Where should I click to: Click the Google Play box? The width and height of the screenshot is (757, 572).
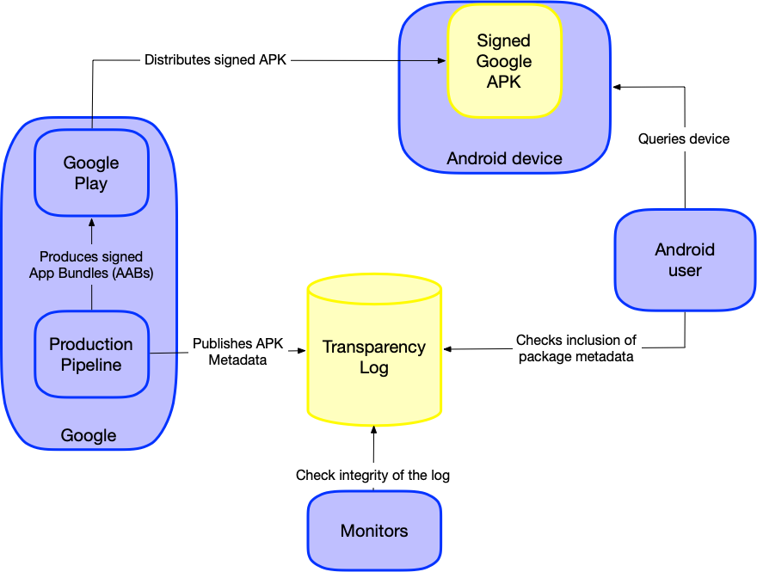coord(91,173)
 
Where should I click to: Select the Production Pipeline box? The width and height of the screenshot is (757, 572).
coord(91,354)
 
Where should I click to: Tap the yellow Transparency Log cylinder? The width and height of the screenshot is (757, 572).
coord(374,353)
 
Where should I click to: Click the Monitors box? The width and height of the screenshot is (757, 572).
coord(374,531)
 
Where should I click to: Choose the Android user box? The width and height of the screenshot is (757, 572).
coord(685,260)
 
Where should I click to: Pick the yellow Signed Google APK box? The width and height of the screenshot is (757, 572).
coord(504,61)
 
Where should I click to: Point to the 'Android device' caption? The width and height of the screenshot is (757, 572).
coord(504,159)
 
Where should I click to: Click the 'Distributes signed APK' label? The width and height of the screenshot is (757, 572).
coord(215,60)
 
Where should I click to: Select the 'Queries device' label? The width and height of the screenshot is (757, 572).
coord(684,138)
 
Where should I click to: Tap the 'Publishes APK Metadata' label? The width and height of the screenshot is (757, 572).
coord(237,352)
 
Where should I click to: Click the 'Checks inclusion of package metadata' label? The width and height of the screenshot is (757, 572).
coord(576,348)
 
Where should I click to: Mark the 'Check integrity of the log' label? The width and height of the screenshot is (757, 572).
coord(372,475)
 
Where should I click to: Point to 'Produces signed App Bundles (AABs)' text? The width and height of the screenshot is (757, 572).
coord(91,265)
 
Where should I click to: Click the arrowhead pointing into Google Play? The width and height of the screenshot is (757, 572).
coord(91,223)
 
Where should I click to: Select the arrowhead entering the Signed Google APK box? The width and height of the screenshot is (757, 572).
coord(441,61)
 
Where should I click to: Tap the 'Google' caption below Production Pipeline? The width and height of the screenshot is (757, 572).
coord(89,435)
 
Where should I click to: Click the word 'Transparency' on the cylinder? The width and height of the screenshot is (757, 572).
coord(374,347)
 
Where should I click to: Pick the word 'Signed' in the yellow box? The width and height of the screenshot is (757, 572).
coord(504,40)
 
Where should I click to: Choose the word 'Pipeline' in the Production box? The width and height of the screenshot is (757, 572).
coord(91,365)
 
